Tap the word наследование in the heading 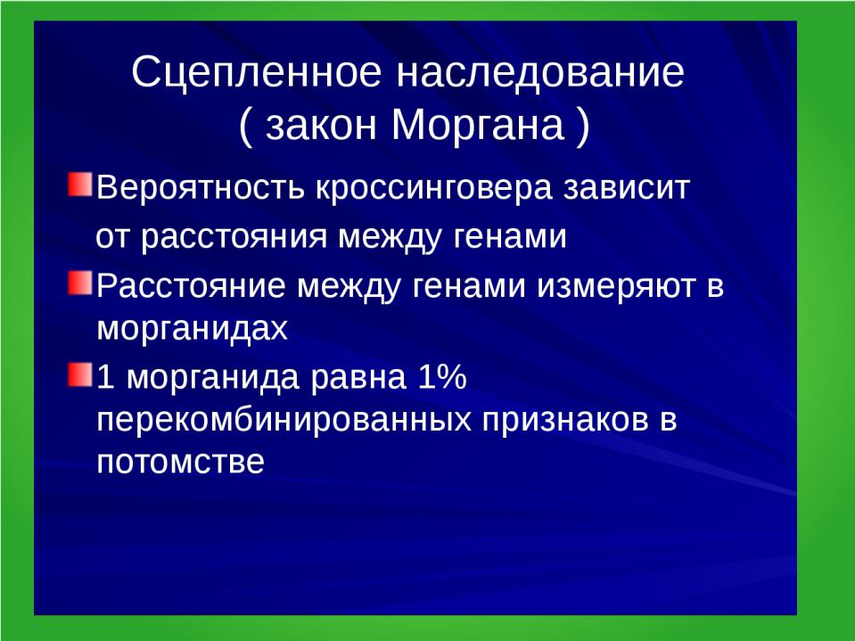(539, 72)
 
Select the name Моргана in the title (478, 125)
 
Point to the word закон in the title (322, 126)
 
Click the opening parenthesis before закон (246, 127)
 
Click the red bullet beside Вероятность (80, 185)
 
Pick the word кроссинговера (434, 188)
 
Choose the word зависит (627, 188)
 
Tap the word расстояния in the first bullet (234, 238)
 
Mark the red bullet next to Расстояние (80, 283)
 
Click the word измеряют (616, 287)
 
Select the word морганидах (192, 329)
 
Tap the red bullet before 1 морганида (80, 374)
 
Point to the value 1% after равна (442, 376)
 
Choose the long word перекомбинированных (284, 420)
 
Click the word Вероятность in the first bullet (200, 188)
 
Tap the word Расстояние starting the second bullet (191, 286)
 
